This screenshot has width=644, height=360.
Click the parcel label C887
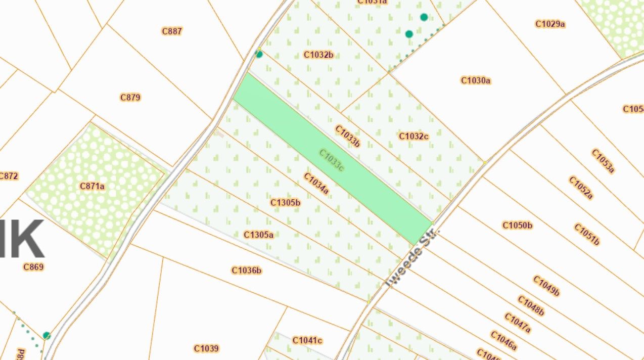pyautogui.click(x=172, y=31)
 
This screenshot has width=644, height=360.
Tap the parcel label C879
pyautogui.click(x=130, y=97)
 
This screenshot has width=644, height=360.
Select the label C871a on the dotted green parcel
pyautogui.click(x=92, y=186)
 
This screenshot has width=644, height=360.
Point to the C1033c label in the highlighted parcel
pyautogui.click(x=332, y=160)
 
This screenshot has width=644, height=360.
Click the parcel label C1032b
pyautogui.click(x=318, y=55)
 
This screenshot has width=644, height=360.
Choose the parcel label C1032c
pyautogui.click(x=413, y=136)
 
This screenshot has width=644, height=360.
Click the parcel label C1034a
pyautogui.click(x=316, y=184)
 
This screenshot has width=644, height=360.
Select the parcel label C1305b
pyautogui.click(x=285, y=203)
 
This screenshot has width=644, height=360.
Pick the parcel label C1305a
pyautogui.click(x=258, y=235)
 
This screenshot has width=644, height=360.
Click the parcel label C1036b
pyautogui.click(x=247, y=271)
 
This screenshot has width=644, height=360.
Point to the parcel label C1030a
pyautogui.click(x=476, y=80)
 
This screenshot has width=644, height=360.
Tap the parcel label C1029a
pyautogui.click(x=550, y=24)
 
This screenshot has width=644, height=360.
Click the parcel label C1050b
pyautogui.click(x=517, y=225)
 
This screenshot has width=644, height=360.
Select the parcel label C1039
pyautogui.click(x=206, y=348)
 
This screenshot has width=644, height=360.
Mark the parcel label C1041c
pyautogui.click(x=307, y=340)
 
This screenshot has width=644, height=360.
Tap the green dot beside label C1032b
pyautogui.click(x=259, y=54)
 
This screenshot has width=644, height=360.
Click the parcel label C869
pyautogui.click(x=33, y=267)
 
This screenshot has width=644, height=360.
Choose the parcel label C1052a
pyautogui.click(x=581, y=188)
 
